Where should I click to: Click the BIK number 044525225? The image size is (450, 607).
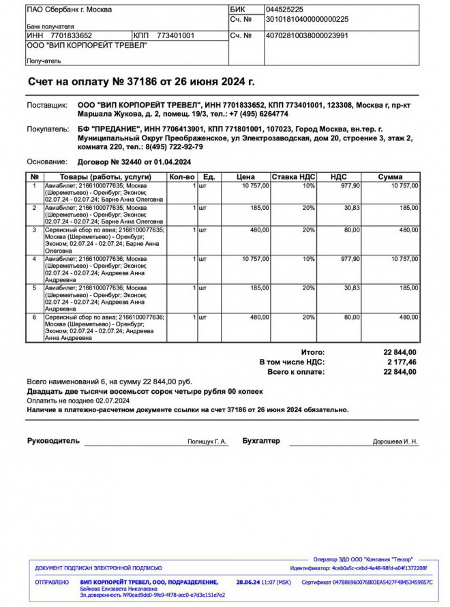(x=289, y=10)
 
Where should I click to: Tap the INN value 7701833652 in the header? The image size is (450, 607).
(x=71, y=35)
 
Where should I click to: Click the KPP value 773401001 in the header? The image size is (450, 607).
(x=175, y=35)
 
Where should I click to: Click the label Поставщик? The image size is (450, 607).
(x=47, y=106)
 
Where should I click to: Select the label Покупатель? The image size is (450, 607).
(x=48, y=129)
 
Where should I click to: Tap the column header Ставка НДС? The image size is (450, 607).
(x=293, y=177)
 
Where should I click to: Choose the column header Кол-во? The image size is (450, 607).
(x=182, y=177)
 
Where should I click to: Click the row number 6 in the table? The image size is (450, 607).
(x=34, y=317)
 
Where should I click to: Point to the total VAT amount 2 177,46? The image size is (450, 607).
(x=402, y=362)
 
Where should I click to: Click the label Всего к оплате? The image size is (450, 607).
(x=296, y=373)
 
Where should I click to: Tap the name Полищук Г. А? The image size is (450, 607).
(x=207, y=442)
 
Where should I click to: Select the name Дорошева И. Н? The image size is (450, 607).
(x=395, y=442)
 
